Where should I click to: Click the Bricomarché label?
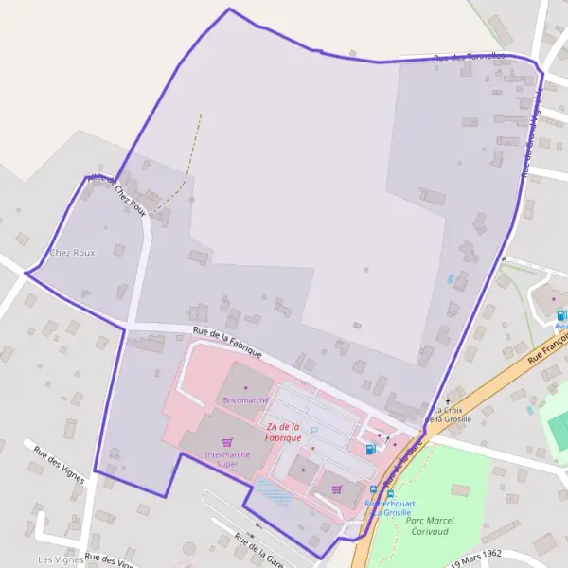245,400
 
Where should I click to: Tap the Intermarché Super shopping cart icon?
226,442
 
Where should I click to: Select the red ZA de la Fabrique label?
283,432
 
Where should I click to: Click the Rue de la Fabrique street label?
226,341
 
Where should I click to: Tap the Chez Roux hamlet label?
72,253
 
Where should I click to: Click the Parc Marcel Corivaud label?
430,525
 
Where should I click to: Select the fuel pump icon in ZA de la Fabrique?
368,449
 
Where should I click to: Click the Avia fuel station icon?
561,315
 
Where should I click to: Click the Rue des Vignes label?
60,463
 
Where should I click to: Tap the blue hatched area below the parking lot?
272,492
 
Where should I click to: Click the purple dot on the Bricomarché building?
245,387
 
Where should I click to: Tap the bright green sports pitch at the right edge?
559,426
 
